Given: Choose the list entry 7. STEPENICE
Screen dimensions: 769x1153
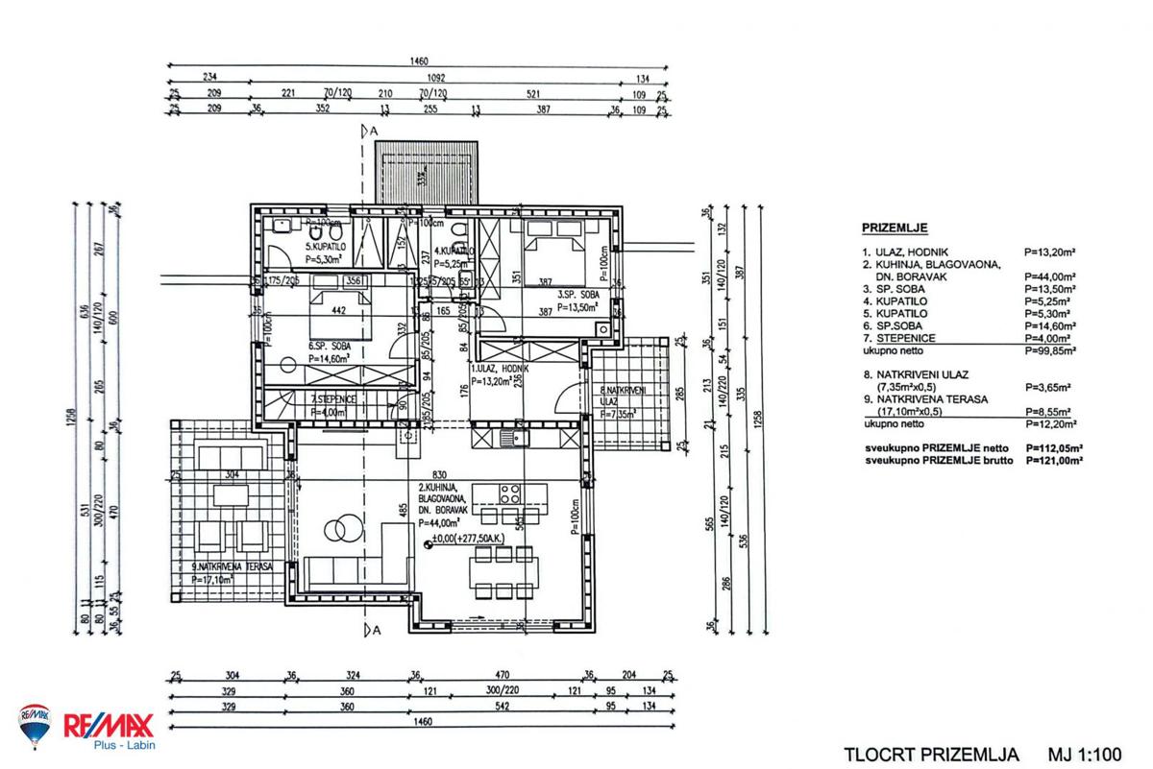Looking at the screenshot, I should [x=897, y=338].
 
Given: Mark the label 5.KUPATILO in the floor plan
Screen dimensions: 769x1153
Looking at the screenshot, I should [x=318, y=246].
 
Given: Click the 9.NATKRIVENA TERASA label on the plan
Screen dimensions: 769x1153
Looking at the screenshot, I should [x=224, y=566].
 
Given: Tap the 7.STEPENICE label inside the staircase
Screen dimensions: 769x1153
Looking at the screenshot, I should [x=333, y=398].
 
